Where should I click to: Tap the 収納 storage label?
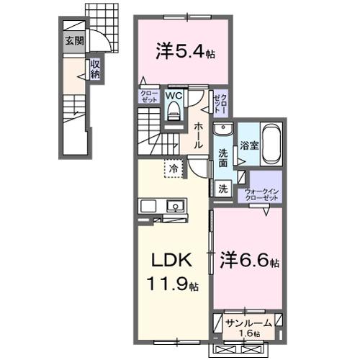point(95,69)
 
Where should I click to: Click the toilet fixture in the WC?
point(174,110)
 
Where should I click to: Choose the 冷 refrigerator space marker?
point(174,168)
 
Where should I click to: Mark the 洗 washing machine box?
point(223,188)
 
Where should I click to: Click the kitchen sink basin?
point(176,207)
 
